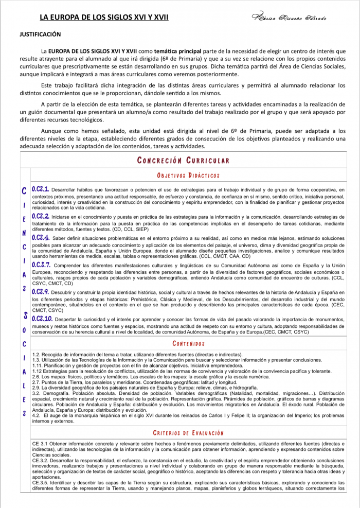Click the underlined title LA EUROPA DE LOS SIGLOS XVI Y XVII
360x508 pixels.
(104, 17)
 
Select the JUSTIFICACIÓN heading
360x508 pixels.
(40, 34)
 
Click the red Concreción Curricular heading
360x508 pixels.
(184, 160)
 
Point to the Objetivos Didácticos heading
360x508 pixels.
(189, 176)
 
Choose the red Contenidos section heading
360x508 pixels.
(189, 343)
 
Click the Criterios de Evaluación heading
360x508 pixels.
(189, 433)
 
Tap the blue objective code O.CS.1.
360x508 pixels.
(41, 189)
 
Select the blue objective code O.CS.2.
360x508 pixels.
(41, 216)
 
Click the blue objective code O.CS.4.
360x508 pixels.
(41, 238)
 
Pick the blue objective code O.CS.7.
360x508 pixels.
(41, 265)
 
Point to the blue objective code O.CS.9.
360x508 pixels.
(41, 291)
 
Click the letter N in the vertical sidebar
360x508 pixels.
(24, 233)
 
